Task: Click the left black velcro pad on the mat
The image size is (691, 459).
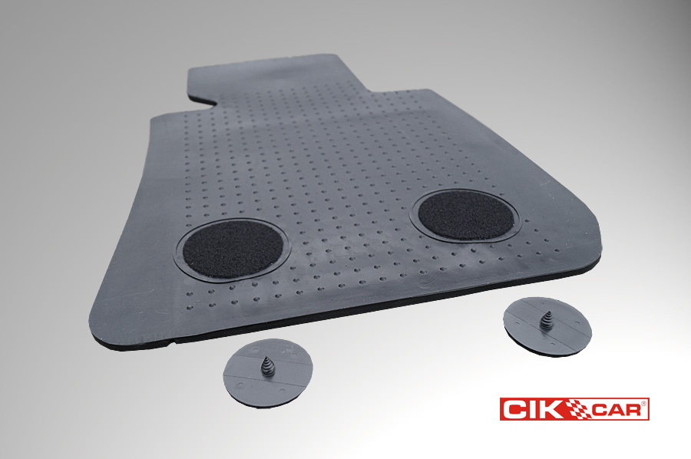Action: click(x=233, y=249)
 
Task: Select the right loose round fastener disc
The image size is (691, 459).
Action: click(x=547, y=326)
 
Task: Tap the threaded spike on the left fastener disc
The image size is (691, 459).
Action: click(x=267, y=366)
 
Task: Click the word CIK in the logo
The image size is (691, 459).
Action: click(x=535, y=409)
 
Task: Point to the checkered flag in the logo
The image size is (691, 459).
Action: click(x=580, y=408)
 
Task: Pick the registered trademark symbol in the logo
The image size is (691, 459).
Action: click(x=643, y=403)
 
